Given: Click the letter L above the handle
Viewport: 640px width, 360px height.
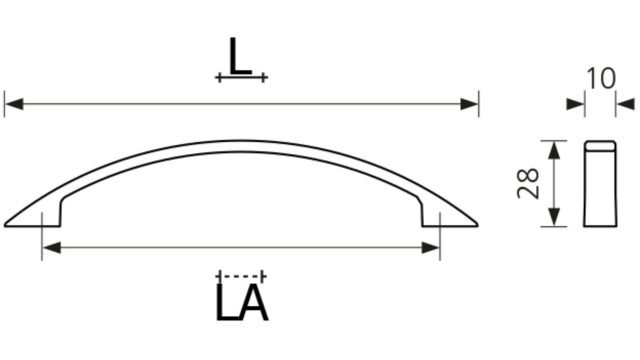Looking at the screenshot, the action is pos(240,56).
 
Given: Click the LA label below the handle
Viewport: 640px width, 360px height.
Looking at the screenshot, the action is pos(242,302).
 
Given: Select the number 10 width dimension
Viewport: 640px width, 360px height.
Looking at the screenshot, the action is pos(600,79).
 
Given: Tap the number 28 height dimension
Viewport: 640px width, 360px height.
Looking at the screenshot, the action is pos(528,183).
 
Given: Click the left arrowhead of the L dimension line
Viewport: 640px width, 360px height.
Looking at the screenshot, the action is pos(14,104).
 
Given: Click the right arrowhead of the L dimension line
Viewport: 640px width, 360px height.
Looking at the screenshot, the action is pos(469,104).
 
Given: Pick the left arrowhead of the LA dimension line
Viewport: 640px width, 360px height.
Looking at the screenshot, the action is pos(51,247).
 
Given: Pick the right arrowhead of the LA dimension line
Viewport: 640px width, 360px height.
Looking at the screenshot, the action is pos(431,247).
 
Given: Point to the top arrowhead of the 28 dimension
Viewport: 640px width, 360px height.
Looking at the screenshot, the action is pos(553,150).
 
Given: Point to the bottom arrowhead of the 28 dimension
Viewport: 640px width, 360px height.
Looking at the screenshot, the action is pos(553,217).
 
